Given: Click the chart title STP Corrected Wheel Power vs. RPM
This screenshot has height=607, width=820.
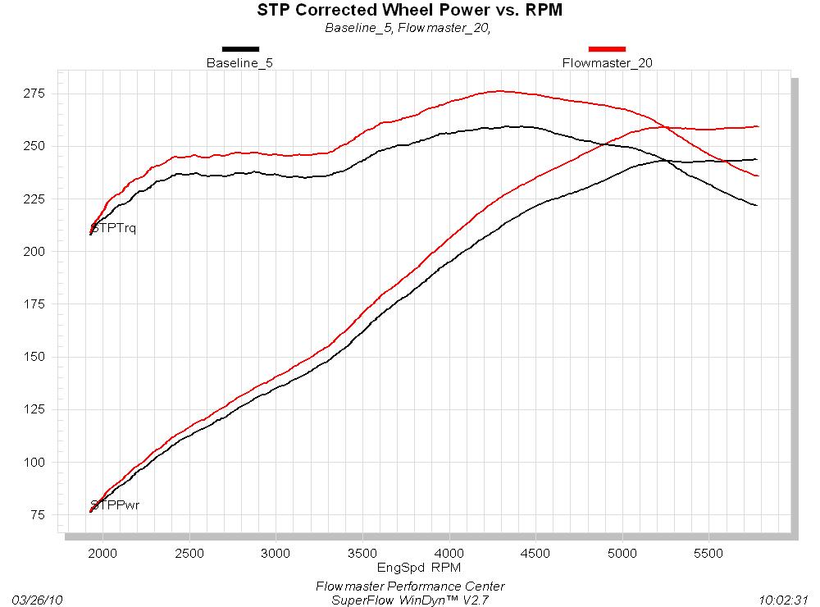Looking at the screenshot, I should pyautogui.click(x=410, y=11).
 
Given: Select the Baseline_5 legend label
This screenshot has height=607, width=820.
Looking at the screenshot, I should pyautogui.click(x=239, y=62).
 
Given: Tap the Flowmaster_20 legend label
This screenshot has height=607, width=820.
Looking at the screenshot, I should pyautogui.click(x=608, y=62).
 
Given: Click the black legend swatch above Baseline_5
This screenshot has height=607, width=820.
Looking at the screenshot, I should pyautogui.click(x=239, y=49).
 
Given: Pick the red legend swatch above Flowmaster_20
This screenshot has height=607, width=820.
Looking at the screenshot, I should pyautogui.click(x=608, y=49).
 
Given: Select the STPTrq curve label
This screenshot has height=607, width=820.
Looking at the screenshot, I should pyautogui.click(x=114, y=228).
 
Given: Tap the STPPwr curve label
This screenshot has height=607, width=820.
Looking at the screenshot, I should pyautogui.click(x=115, y=504).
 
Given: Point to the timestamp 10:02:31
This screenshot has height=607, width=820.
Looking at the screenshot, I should pyautogui.click(x=786, y=600).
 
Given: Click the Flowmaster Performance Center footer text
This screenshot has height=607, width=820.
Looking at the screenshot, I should pyautogui.click(x=410, y=586).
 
